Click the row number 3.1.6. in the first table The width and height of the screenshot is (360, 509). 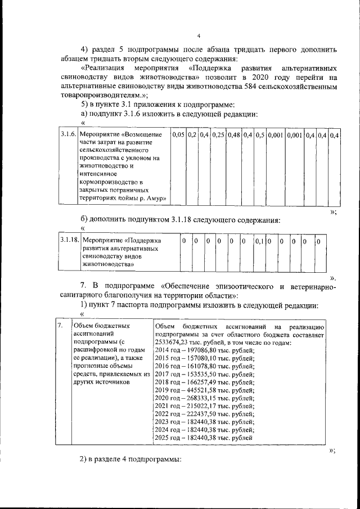tap(67, 135)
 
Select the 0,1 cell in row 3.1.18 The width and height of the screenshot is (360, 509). tap(259, 241)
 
